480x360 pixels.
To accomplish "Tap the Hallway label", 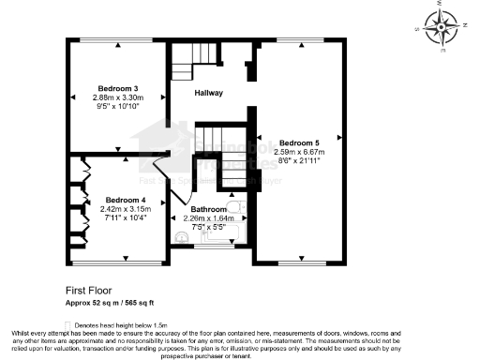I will click(208, 94).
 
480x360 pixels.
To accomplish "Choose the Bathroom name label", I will click(209, 209).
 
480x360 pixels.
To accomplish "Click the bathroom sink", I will click(181, 237).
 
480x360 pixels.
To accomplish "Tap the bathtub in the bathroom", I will click(221, 235).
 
